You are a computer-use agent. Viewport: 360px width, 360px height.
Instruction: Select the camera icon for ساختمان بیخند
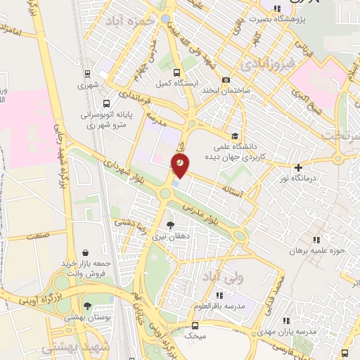coord(226,79)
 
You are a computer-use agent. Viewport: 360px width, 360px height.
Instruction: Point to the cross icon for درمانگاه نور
coord(299,167)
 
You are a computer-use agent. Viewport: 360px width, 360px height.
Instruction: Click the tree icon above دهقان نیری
coord(171,226)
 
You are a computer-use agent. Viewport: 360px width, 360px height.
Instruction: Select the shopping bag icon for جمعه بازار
coord(85,252)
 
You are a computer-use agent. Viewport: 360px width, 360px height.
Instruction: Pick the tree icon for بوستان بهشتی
coord(87,306)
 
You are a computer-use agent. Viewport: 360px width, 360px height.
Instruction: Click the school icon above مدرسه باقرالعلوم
coord(219,295)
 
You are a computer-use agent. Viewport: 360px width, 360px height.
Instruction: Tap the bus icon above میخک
coord(194,326)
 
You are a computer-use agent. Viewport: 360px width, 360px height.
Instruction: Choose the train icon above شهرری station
coord(86,73)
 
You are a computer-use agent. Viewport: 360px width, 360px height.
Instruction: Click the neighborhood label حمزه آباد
coord(129,22)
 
